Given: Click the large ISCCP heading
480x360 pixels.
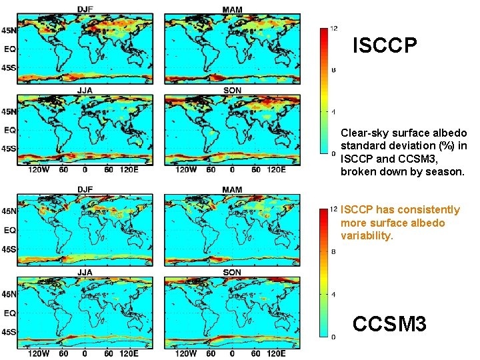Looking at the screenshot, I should click(x=385, y=46).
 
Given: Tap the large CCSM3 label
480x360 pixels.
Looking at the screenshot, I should click(x=389, y=325).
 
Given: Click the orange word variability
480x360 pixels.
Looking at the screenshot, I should click(x=366, y=235).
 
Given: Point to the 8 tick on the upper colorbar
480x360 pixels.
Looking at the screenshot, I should click(x=334, y=69).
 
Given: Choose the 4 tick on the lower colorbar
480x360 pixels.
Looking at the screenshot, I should click(x=334, y=294).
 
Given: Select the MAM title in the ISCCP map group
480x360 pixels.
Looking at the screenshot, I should click(x=232, y=9).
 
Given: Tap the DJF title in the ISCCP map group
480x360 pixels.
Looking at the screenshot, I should click(x=85, y=9).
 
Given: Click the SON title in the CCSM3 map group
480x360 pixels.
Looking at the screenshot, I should click(x=232, y=273).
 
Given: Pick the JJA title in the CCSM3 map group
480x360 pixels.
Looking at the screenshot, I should click(x=85, y=273).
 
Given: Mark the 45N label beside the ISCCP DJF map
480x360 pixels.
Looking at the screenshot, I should click(x=9, y=30).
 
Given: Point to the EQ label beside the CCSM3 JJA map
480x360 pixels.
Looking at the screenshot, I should click(x=10, y=312).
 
